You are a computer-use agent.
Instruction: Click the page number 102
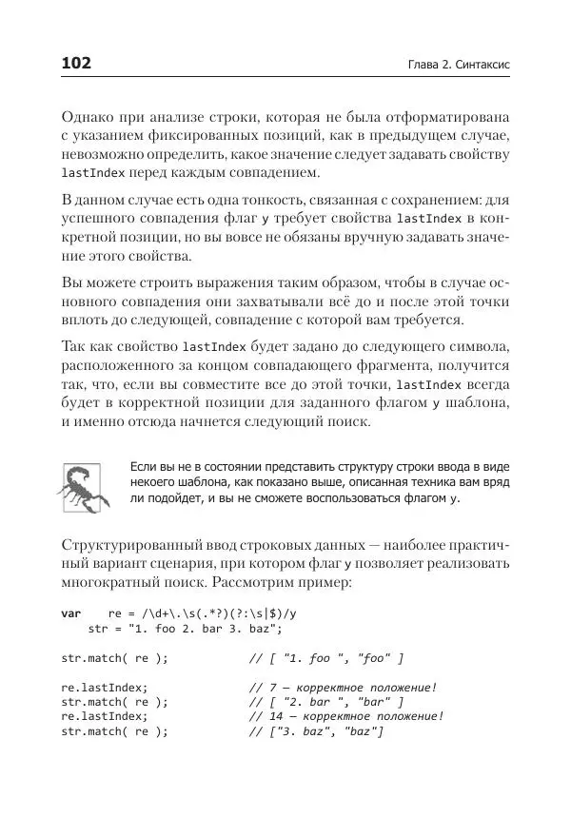tap(75, 64)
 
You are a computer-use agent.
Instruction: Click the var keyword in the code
tap(71, 614)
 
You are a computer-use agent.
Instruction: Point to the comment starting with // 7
tap(343, 688)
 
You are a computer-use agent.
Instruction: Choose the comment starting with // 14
tap(346, 717)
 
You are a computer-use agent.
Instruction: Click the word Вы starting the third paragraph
tap(71, 284)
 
